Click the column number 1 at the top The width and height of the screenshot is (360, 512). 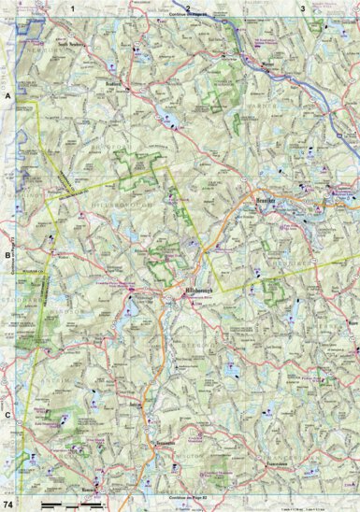click(94, 7)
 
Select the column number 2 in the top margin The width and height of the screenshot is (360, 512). click(188, 7)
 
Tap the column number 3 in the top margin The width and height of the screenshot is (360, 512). click(302, 7)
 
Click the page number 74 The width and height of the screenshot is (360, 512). click(8, 505)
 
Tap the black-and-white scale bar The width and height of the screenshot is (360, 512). click(71, 505)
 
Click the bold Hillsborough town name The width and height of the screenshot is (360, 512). click(187, 291)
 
